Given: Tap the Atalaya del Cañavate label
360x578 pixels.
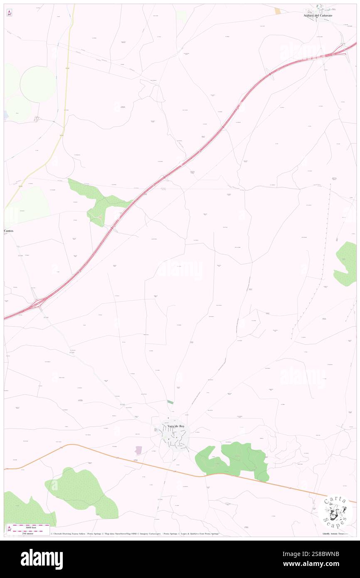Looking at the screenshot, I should coord(321,15).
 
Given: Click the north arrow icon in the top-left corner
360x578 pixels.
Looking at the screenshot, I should coord(9,13).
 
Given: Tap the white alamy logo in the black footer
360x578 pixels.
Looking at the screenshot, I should coord(42,559).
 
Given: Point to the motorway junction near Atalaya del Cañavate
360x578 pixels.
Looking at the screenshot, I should coord(343,50).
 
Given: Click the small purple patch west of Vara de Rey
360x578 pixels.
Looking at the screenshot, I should coord(138,450).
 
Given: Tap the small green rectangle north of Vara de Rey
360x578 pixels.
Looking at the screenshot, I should coord(170,402).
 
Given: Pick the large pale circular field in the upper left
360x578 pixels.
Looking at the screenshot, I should coord(37,84).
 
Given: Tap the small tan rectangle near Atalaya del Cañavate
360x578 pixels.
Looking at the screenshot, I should coord(277,11).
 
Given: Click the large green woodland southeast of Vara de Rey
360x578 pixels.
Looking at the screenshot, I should coord(237,459).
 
